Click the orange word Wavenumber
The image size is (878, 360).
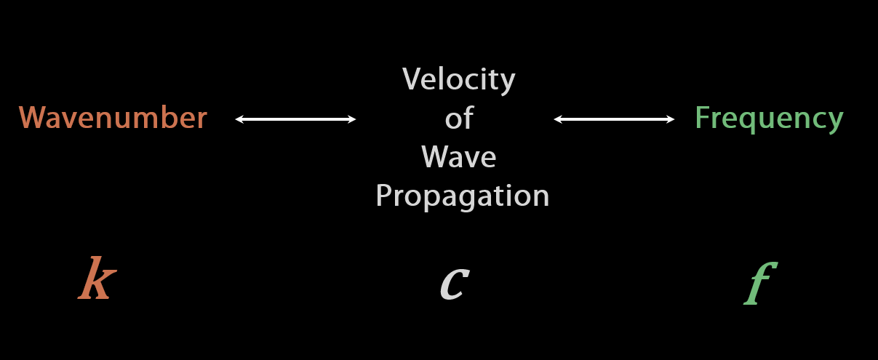[x=113, y=118]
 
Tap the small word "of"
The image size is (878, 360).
[x=459, y=118]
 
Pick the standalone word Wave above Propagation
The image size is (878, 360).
[x=458, y=156]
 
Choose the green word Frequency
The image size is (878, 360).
[x=769, y=118]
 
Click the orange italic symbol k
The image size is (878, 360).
[x=97, y=280]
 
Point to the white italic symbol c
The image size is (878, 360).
[x=454, y=282]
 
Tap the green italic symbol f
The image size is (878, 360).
[x=758, y=284]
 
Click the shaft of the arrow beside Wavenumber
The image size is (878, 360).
[x=295, y=119]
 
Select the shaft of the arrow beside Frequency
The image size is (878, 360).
[x=614, y=119]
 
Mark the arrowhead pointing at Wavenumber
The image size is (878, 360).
[x=239, y=119]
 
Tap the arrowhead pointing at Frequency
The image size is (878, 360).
[x=671, y=119]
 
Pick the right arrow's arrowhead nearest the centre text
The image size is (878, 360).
[x=558, y=119]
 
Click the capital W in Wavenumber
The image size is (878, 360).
[x=32, y=118]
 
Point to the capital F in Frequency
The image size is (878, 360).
[x=702, y=118]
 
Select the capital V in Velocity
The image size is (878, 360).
[x=412, y=79]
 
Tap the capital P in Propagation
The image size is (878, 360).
[x=384, y=195]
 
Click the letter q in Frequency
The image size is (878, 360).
[x=754, y=121]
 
